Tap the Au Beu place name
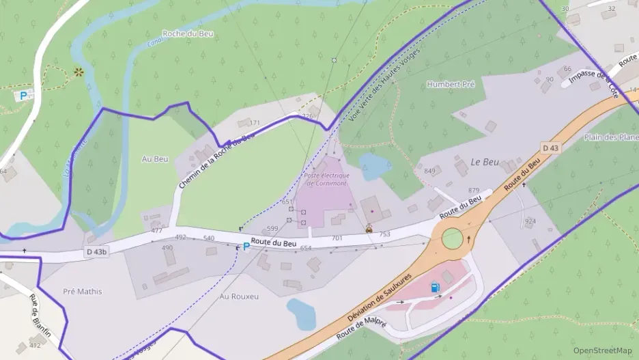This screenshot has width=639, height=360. pyautogui.click(x=154, y=159)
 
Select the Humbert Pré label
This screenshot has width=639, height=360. pyautogui.click(x=450, y=84)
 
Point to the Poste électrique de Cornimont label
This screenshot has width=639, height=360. pyautogui.click(x=326, y=179)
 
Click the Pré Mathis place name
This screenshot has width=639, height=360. pyautogui.click(x=82, y=292)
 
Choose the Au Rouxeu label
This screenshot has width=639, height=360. pyautogui.click(x=239, y=296)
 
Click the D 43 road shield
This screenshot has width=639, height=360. pyautogui.click(x=551, y=148)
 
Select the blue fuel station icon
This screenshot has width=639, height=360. pyautogui.click(x=435, y=288)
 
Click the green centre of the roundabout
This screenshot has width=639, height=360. pyautogui.click(x=452, y=238)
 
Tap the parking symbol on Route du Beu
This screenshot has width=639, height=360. pyautogui.click(x=246, y=247)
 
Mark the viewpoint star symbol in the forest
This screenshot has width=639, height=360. pyautogui.click(x=79, y=71)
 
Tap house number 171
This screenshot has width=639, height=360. pyautogui.click(x=255, y=123)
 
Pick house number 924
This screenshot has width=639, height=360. pyautogui.click(x=530, y=221)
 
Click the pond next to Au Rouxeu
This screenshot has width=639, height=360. pyautogui.click(x=301, y=314)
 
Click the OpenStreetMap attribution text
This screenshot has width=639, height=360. pyautogui.click(x=602, y=350)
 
